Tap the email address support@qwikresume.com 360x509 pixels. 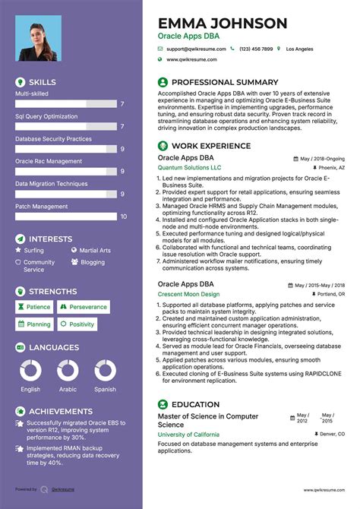click(x=192, y=49)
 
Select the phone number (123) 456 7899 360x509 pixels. click(x=256, y=49)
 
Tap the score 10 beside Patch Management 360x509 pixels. click(x=123, y=217)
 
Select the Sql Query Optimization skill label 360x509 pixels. click(x=46, y=116)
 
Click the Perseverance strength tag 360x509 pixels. click(x=87, y=307)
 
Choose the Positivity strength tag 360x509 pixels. click(x=81, y=324)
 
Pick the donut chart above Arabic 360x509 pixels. click(x=68, y=370)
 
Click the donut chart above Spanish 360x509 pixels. click(x=105, y=370)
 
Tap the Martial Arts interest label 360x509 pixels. click(x=95, y=250)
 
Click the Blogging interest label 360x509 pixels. click(x=93, y=262)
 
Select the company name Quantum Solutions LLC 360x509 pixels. click(x=190, y=167)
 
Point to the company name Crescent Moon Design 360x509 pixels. click(x=188, y=294)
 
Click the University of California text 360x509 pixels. click(x=188, y=435)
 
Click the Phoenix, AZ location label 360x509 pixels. click(x=331, y=167)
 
